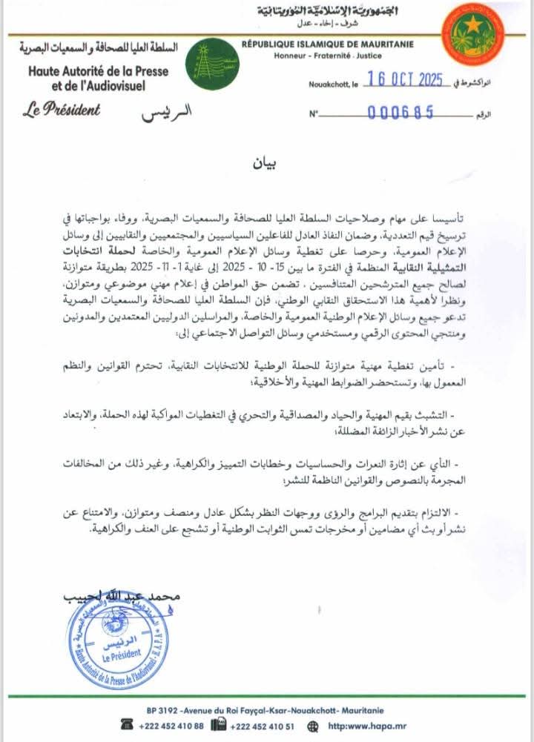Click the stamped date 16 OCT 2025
pos(400,82)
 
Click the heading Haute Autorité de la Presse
pos(99,72)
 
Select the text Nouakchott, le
pos(333,85)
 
